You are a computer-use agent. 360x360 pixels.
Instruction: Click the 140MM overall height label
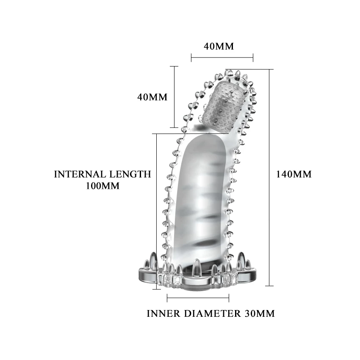coord(294,174)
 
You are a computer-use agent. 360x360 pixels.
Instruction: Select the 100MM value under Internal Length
coord(102,186)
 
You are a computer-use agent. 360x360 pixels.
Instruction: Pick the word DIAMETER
coord(213,314)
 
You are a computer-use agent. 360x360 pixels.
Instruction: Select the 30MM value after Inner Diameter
coord(260,314)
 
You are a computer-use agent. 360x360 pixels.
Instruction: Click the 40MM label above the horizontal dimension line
coord(219,46)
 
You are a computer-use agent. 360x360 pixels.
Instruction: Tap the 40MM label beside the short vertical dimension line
coord(152,97)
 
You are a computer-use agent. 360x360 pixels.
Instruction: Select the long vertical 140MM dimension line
coord(269,178)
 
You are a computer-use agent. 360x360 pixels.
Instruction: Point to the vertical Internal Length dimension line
coord(157,212)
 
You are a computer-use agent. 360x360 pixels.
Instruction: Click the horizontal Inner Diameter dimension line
coord(198,298)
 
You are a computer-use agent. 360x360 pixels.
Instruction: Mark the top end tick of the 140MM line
coord(269,69)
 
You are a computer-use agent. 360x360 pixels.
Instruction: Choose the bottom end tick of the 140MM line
coord(269,286)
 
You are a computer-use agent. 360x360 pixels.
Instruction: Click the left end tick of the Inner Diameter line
coord(168,298)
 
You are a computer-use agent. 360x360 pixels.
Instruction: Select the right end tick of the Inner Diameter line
coord(229,298)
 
